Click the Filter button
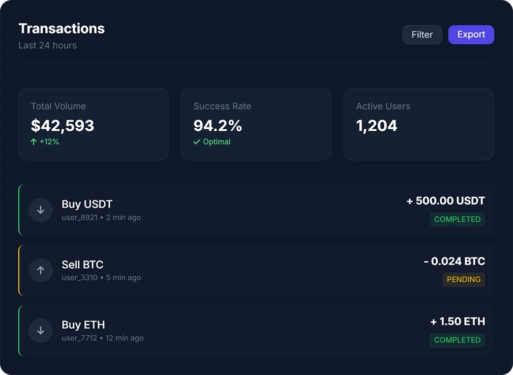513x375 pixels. [422, 35]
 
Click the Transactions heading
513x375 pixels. [62, 28]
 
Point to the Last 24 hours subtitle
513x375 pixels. [47, 45]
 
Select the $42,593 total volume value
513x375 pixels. [63, 125]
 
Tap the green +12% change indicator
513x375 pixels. [45, 142]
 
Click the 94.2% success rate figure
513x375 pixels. [218, 125]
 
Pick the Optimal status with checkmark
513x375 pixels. [212, 142]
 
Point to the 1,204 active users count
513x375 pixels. [377, 125]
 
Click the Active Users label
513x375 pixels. [383, 106]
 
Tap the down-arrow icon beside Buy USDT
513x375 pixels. [41, 210]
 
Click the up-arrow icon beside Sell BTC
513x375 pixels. [41, 270]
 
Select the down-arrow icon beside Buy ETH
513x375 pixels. [41, 331]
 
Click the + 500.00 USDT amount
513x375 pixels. [445, 201]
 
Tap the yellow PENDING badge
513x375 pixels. [463, 279]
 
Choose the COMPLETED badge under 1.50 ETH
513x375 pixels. [457, 340]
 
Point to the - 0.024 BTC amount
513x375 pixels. [454, 261]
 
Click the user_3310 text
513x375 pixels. [79, 278]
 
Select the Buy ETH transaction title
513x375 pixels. [83, 325]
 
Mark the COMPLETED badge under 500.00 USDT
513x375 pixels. [457, 219]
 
